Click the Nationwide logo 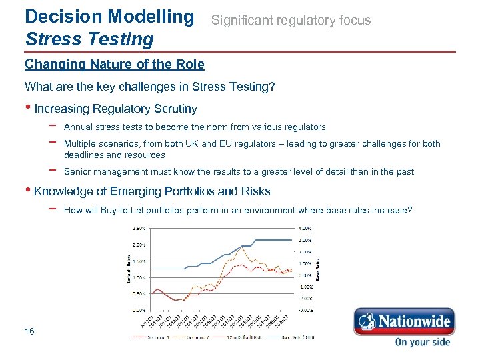click(x=403, y=321)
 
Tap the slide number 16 click(x=29, y=331)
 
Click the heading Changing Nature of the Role click(x=115, y=65)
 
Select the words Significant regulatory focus click(x=291, y=21)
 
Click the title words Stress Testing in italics click(x=89, y=39)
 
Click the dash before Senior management click(x=52, y=171)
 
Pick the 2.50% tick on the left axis click(x=139, y=228)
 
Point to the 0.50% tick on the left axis click(x=139, y=293)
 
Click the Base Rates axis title click(x=317, y=269)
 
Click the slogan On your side click(x=422, y=342)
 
